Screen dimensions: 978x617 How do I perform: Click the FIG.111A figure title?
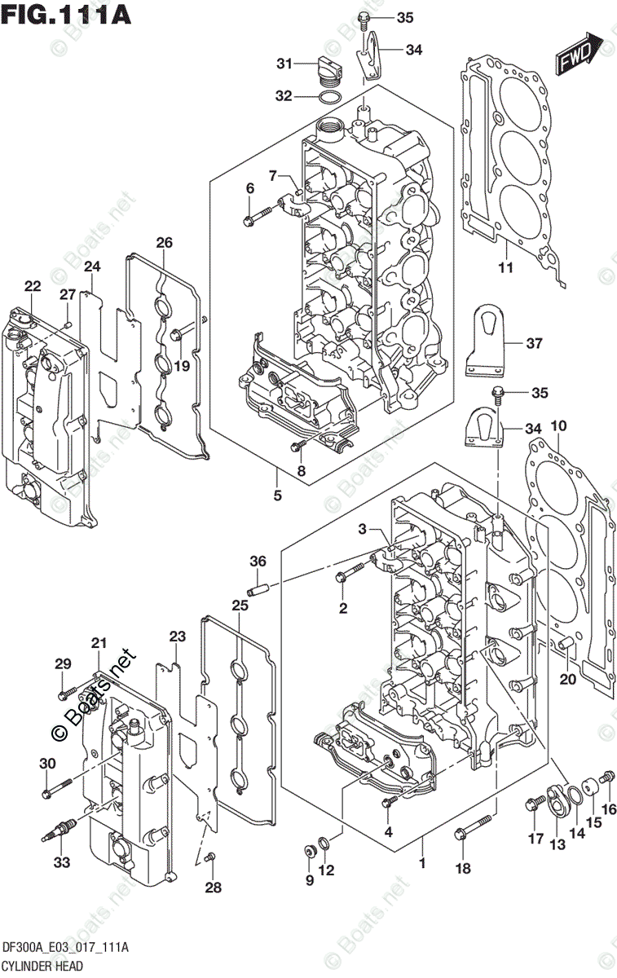click(x=67, y=15)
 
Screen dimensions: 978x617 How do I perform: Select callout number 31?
click(x=284, y=64)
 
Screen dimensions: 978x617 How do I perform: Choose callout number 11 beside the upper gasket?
click(x=505, y=268)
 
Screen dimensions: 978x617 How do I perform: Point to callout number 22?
click(x=33, y=286)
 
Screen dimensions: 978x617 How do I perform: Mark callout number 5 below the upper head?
click(x=277, y=495)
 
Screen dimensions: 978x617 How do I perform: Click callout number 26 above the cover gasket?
click(x=165, y=242)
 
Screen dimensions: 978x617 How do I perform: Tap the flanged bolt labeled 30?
click(x=56, y=787)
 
